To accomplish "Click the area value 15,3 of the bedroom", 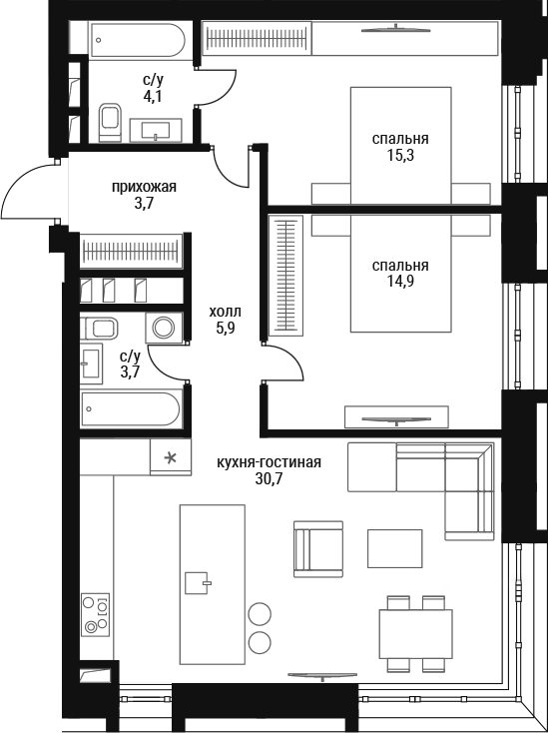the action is (x=400, y=156).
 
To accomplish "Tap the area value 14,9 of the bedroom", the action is (x=400, y=281).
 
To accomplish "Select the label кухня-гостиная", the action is (x=269, y=462).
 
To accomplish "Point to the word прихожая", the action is (x=144, y=188).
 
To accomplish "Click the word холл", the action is (x=226, y=312).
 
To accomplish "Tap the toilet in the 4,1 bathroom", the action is (x=110, y=122).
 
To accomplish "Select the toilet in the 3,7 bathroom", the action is (x=99, y=329).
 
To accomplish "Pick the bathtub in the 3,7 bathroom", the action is (x=131, y=409).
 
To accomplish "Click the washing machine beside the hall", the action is (x=164, y=328).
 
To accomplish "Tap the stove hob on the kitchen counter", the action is (x=95, y=614).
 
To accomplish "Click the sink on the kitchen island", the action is (x=198, y=582).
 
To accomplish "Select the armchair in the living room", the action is (x=318, y=549).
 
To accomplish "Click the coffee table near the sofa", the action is (x=394, y=548).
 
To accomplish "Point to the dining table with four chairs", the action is (x=415, y=633).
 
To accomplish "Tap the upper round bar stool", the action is (x=260, y=613).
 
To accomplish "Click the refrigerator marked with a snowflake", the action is (x=170, y=457).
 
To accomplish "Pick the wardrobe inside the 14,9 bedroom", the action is (x=285, y=276).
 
